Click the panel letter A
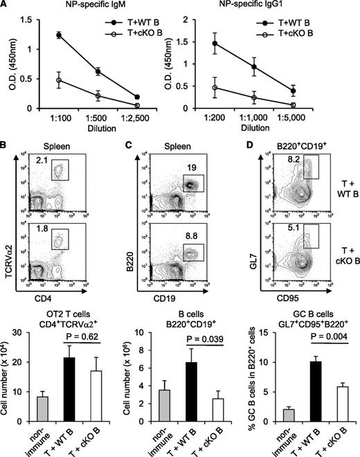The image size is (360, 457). coord(6,8)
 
